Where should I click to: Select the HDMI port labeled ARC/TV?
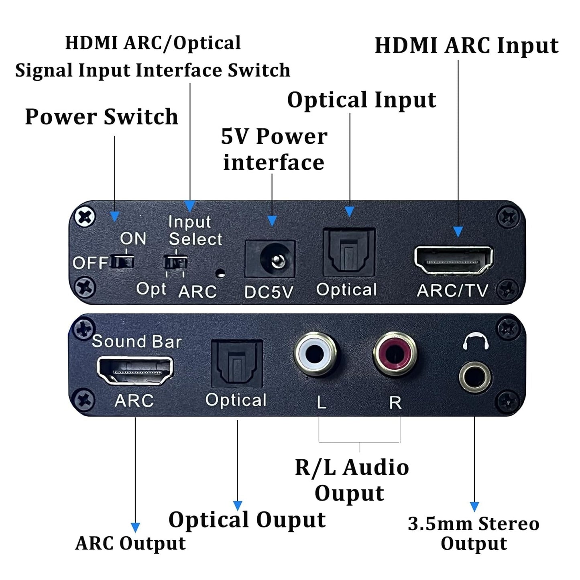(x=454, y=260)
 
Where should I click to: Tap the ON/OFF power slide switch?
(x=122, y=262)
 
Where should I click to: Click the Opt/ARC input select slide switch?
(x=176, y=263)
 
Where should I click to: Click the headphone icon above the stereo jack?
(x=476, y=342)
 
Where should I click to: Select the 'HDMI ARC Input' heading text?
(x=466, y=46)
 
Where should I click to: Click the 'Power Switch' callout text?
(x=102, y=117)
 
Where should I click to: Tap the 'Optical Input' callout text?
(x=362, y=100)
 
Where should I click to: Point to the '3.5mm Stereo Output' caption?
(x=474, y=534)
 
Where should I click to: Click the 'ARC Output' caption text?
(x=130, y=543)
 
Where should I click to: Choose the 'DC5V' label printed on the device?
(x=269, y=292)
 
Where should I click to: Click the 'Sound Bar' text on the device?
(x=137, y=342)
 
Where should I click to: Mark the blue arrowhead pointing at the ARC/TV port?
(x=458, y=232)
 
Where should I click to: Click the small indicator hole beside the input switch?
(x=220, y=274)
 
